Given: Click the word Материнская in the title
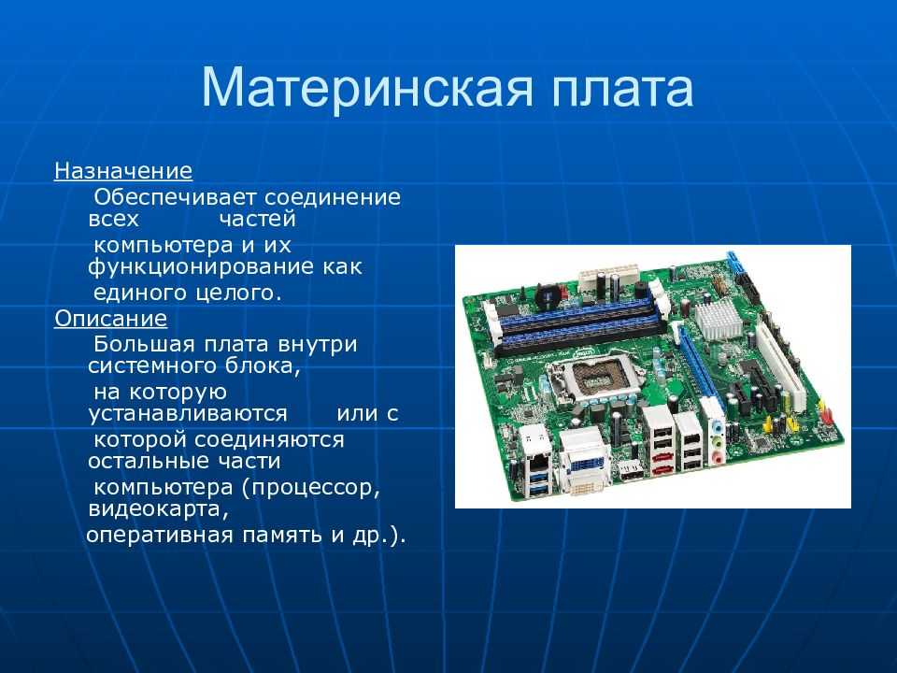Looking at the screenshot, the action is click(367, 88).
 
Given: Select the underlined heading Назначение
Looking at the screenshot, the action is click(123, 170).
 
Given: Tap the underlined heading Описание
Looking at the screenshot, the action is click(111, 318).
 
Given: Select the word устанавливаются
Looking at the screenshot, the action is click(188, 413).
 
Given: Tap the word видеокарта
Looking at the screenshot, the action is click(159, 508).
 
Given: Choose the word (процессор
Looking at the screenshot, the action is click(310, 488).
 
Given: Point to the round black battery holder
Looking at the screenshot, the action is click(548, 294).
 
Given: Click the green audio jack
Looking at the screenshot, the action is click(716, 442).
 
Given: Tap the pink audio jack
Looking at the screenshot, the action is click(716, 458).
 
